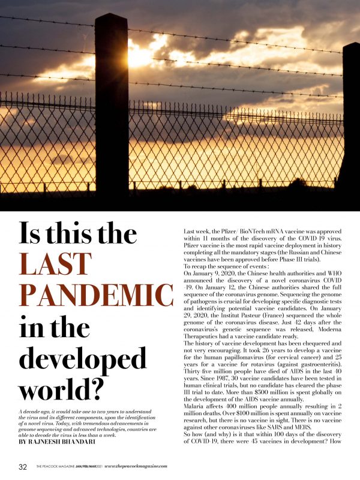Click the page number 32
tap(23, 466)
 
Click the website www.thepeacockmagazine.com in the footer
tap(136, 466)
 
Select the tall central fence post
tap(112, 108)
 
